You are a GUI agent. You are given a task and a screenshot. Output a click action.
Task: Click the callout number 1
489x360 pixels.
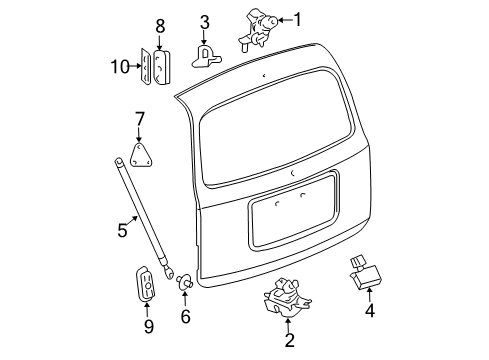pos(294,19)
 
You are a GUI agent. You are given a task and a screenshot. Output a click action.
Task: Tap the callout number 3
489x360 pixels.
pos(204,20)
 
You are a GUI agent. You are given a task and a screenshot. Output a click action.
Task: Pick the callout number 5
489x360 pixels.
pos(122,230)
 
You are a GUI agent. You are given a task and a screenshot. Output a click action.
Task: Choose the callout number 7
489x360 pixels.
pos(139,121)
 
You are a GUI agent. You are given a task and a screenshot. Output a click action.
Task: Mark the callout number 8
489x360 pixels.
pos(159,26)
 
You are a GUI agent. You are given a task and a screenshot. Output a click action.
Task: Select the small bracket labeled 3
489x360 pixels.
pos(208,52)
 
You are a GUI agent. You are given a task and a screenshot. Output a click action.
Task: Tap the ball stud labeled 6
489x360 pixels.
pos(183,284)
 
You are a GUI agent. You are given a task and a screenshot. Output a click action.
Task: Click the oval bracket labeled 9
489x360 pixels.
pos(147,284)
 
